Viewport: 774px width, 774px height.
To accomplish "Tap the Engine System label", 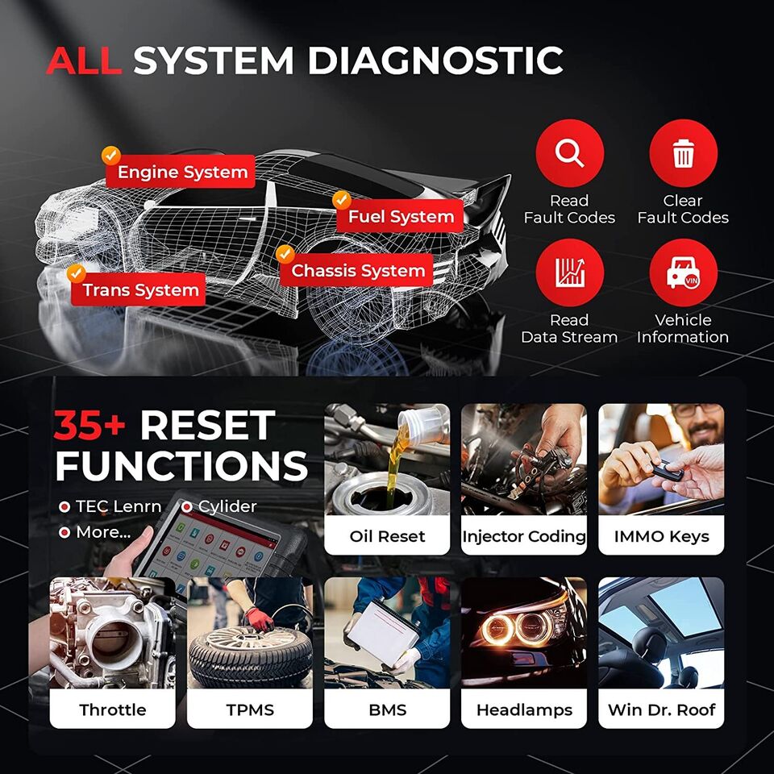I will click(181, 173).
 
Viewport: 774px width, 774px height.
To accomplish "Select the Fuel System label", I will click(401, 217).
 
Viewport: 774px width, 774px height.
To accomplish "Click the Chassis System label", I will click(357, 272).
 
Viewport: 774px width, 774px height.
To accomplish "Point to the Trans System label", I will click(140, 290).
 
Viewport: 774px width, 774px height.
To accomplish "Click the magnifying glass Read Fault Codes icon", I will click(569, 153).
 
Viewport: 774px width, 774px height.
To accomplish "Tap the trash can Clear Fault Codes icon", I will click(683, 153).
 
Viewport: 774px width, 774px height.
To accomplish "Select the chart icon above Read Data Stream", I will click(569, 273).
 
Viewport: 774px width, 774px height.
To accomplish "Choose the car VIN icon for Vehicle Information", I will click(683, 273).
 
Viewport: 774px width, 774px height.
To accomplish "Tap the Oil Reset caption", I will click(387, 536).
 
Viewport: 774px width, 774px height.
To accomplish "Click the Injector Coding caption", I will click(524, 536).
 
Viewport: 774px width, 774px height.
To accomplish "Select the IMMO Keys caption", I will click(661, 536).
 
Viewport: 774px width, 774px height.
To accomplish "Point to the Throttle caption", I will click(113, 710).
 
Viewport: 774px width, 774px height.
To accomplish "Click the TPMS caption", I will click(250, 710).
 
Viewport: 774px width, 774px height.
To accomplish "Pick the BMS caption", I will click(387, 710).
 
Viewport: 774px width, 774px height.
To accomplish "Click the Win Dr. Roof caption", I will click(661, 710).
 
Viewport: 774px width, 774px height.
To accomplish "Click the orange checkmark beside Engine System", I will click(111, 155).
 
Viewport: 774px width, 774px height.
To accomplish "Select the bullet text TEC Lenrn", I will click(118, 507).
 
